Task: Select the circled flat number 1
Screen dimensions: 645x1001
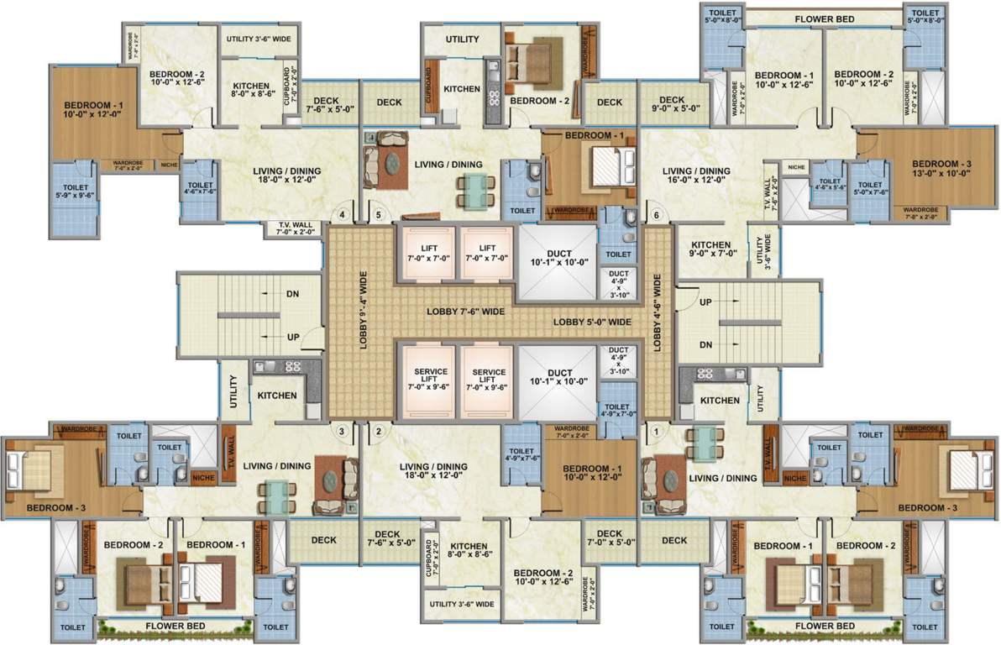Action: [656, 432]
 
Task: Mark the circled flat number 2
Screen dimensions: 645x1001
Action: [379, 432]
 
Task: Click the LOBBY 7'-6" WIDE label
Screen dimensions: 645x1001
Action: [465, 311]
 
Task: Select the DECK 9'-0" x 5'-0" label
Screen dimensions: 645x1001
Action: [672, 104]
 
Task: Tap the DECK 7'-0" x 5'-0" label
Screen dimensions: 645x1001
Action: [610, 538]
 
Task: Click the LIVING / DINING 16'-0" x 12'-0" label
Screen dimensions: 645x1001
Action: [696, 176]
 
